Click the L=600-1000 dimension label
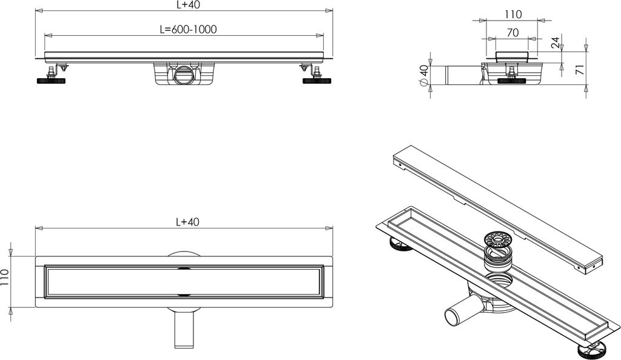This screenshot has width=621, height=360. pos(188,29)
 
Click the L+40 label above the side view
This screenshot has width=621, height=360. pos(187,5)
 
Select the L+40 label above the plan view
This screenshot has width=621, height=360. pos(187,222)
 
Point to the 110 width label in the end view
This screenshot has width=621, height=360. pos(513,15)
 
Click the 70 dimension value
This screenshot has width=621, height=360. pos(513,33)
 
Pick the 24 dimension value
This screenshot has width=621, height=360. pos(556,42)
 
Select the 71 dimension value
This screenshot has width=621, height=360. pos(580,70)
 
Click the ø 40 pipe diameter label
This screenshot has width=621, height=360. pos(423,75)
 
